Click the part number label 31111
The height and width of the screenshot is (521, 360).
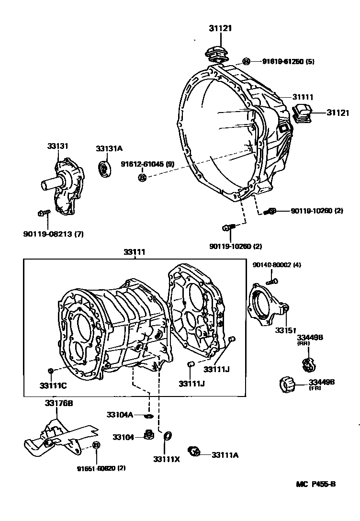[304, 97]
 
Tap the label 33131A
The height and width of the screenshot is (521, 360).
[109, 148]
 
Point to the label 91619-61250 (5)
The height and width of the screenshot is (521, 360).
[288, 61]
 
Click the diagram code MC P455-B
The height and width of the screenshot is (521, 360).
[316, 484]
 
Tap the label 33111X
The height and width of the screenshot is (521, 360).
[166, 459]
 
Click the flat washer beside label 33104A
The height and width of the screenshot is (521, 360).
[148, 415]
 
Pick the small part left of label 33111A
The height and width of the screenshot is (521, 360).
[194, 451]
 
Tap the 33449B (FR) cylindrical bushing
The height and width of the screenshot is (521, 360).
[286, 384]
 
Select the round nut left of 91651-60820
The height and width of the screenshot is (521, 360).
[96, 445]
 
